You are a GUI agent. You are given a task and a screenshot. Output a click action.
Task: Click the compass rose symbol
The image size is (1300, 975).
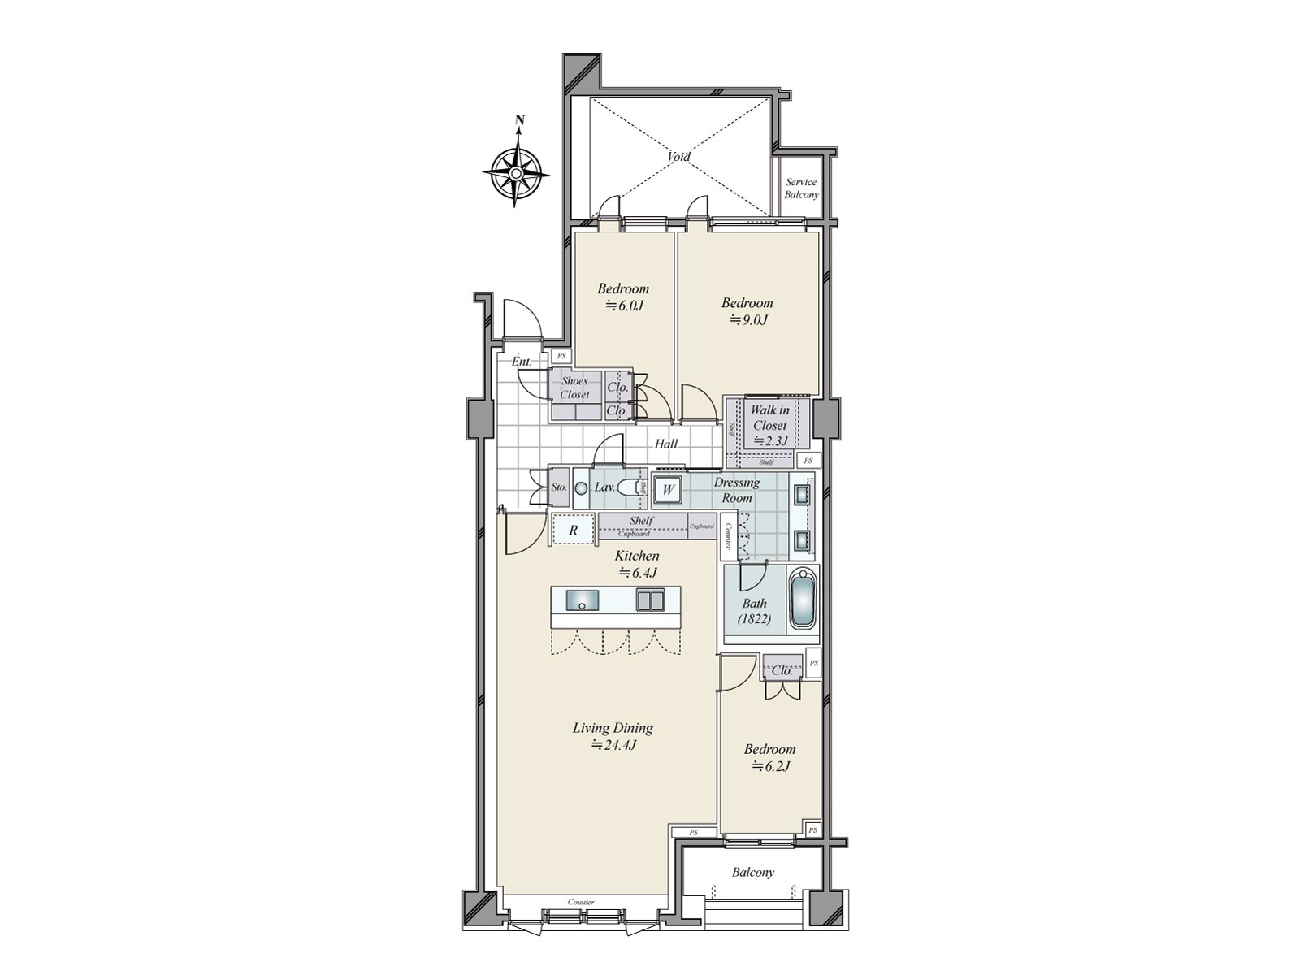517,173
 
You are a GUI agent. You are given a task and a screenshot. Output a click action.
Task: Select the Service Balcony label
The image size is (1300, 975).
801,188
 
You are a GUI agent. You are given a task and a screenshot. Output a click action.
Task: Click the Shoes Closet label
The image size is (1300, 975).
574,388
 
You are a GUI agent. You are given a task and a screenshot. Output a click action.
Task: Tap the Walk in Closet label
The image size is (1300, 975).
769,425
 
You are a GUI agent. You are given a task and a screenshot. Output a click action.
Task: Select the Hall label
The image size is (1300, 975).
666,444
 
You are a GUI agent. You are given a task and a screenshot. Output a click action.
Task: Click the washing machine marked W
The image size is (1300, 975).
668,490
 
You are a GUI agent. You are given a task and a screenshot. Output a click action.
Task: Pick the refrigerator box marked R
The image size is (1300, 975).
573,530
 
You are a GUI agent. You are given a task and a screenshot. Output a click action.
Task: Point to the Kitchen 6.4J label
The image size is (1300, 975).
637,564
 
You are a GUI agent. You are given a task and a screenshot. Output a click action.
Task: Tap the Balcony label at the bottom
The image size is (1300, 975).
752,873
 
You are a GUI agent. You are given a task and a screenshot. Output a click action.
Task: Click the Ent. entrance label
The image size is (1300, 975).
522,362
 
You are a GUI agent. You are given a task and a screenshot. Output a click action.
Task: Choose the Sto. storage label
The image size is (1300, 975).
558,488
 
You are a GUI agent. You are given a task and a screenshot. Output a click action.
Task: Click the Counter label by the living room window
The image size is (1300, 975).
582,903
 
